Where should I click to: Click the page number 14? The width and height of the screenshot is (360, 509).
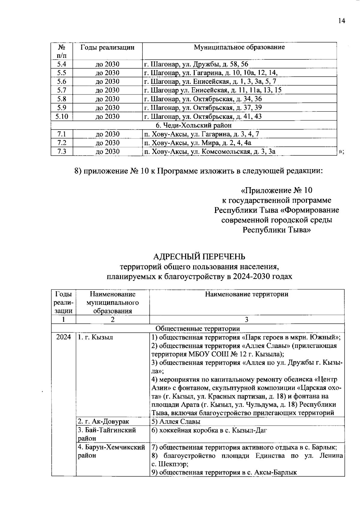(x=341, y=21)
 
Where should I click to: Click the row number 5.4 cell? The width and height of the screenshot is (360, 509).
(x=61, y=64)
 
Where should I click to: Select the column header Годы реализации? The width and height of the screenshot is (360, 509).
(x=107, y=47)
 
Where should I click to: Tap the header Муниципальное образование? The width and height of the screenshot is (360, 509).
(x=239, y=47)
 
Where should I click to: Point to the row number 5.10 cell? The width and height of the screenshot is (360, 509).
(x=61, y=116)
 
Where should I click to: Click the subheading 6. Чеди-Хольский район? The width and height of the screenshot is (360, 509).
(x=193, y=125)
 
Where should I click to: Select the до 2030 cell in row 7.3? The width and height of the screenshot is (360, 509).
(x=107, y=151)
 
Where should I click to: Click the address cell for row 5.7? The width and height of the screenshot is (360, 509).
(x=212, y=90)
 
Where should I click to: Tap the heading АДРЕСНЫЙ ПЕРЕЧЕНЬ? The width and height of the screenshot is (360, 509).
(x=199, y=256)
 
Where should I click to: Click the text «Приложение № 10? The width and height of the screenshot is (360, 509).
(x=276, y=190)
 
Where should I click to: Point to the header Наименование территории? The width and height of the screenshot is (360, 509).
(x=246, y=294)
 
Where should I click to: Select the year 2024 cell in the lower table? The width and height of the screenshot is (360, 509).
(x=63, y=337)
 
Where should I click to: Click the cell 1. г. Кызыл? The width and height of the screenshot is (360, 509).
(x=95, y=337)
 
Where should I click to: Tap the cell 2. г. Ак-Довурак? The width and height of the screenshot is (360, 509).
(x=103, y=421)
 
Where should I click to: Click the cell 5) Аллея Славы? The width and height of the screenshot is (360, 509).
(x=176, y=421)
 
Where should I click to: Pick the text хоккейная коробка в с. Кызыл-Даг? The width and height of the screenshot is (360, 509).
(x=213, y=430)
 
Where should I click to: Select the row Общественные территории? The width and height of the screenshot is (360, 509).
(x=198, y=328)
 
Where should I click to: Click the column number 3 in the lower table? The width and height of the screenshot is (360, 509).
(x=246, y=319)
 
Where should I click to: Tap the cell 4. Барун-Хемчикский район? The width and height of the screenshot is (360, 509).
(x=111, y=451)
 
